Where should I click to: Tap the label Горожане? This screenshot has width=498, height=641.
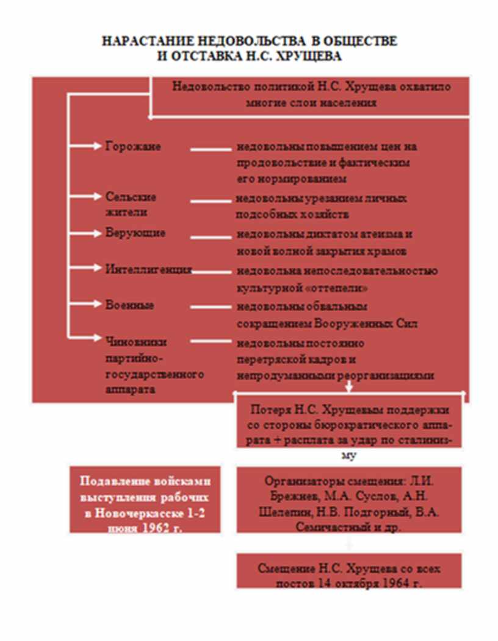133,146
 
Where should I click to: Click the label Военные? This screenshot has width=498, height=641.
129,305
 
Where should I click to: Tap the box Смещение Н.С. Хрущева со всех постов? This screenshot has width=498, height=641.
350,575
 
